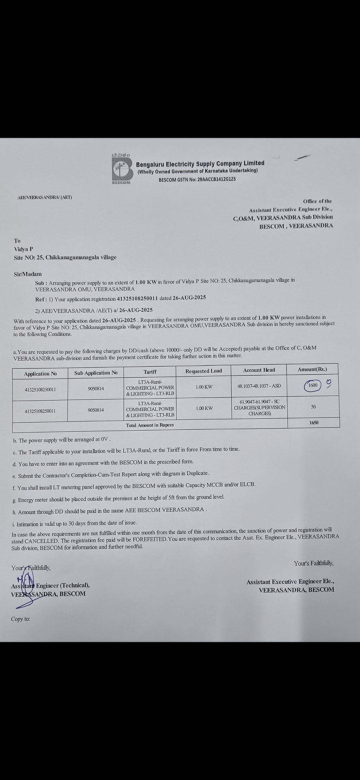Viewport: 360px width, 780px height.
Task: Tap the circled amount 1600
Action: click(313, 385)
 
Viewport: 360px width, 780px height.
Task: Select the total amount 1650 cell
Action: click(314, 423)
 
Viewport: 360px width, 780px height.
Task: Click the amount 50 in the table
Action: click(313, 407)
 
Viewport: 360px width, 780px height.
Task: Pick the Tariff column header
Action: click(150, 372)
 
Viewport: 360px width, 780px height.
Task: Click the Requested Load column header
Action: click(204, 371)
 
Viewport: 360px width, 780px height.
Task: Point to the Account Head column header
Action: click(259, 370)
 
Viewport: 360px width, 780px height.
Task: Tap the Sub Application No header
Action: click(96, 373)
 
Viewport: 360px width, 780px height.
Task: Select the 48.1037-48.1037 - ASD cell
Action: click(259, 386)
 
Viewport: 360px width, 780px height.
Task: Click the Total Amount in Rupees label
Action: click(150, 425)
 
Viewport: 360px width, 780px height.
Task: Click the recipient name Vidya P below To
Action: click(23, 249)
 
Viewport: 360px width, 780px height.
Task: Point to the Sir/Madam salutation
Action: click(28, 274)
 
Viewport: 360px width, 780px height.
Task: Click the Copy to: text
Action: click(20, 619)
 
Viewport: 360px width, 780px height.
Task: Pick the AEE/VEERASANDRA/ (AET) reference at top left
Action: click(45, 197)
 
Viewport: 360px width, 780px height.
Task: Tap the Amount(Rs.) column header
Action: click(312, 369)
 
